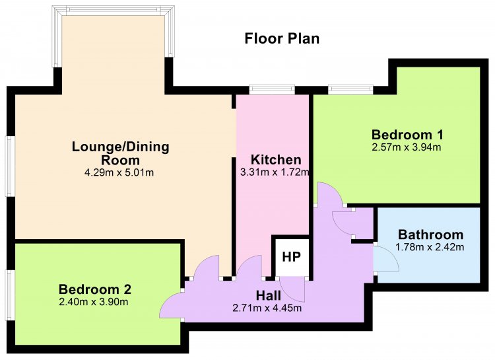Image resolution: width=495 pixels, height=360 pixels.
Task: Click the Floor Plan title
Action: pos(282,38)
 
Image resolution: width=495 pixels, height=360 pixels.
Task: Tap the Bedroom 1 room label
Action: pos(407,135)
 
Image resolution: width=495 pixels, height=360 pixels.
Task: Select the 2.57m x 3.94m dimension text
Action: pos(407,147)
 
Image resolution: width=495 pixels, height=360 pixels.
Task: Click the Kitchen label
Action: pos(276,160)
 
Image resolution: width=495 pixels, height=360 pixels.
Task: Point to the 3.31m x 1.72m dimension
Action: pos(275,172)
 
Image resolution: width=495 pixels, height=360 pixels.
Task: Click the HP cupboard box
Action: pos(291,257)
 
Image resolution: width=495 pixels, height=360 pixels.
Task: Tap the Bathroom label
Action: pos(430,235)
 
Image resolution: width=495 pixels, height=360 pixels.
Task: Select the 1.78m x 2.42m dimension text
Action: pos(430,247)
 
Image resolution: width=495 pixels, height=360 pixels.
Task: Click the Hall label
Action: pos(269,295)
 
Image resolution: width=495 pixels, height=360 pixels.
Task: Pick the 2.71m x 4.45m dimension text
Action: pos(267,308)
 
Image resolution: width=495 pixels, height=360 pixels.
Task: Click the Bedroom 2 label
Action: pos(94,289)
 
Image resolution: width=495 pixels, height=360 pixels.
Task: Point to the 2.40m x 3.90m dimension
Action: pos(94,302)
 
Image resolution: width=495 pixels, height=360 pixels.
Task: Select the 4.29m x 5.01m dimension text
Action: pos(119,172)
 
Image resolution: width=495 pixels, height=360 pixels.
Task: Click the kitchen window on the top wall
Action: pos(272,90)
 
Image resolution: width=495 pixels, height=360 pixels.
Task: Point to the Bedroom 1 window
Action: pos(350,90)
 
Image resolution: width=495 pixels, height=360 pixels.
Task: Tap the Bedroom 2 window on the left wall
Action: pos(9,295)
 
